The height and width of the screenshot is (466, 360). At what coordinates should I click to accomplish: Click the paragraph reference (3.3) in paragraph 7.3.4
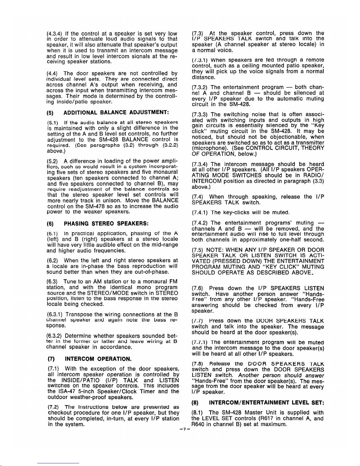point(318,181)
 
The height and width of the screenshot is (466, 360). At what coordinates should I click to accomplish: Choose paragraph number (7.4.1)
point(200,212)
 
